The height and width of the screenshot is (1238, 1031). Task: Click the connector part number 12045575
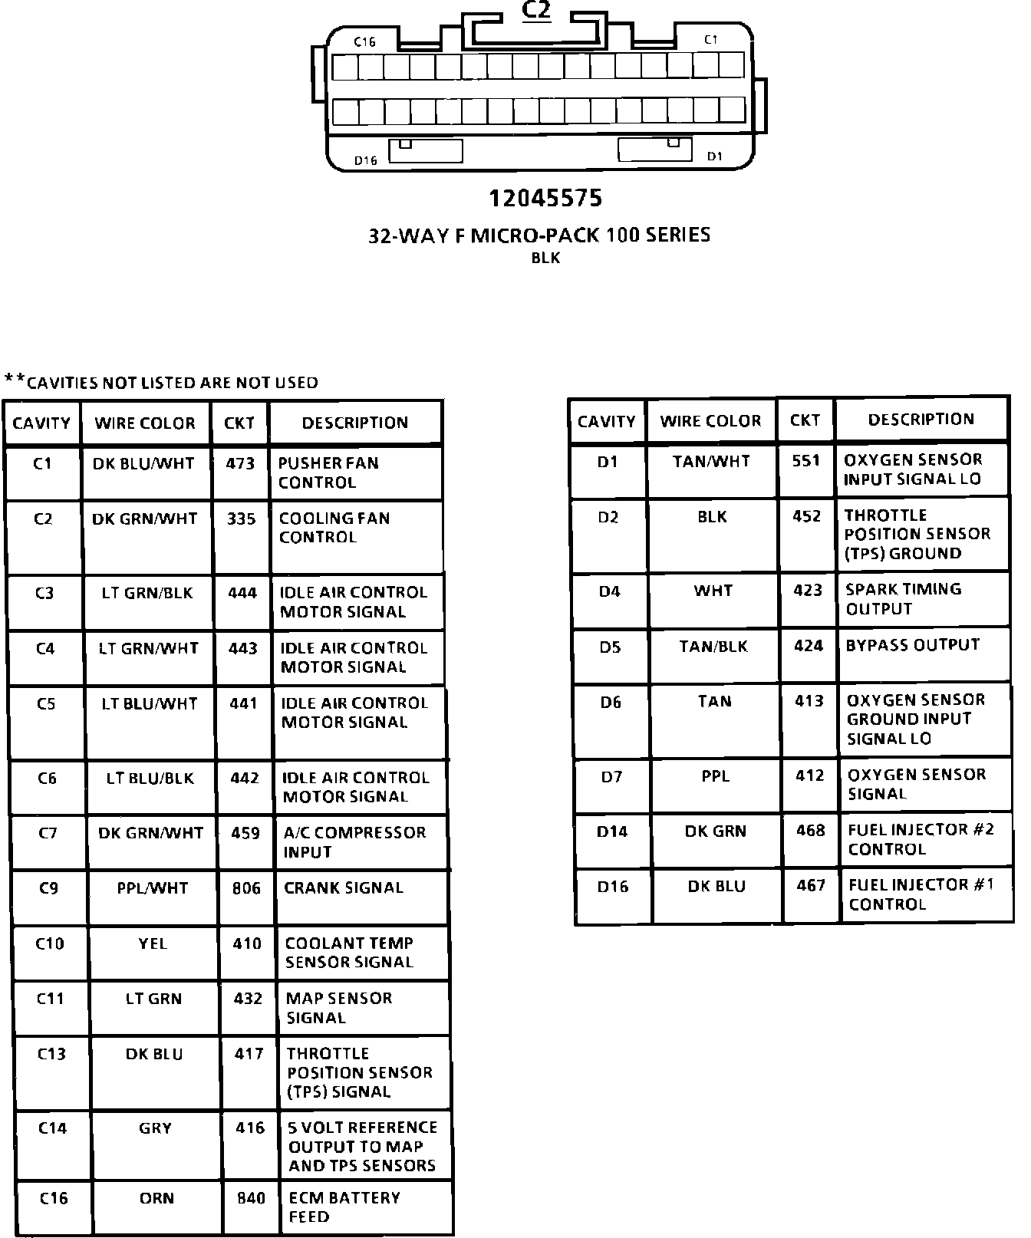coord(545,199)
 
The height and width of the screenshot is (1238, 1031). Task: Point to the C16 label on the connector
coord(364,42)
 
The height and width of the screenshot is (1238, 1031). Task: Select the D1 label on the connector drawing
coord(714,156)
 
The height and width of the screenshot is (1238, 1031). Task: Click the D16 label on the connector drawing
coord(366,160)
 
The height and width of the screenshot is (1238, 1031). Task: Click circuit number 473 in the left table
coord(240,463)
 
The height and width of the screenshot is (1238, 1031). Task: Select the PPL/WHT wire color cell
coord(153,888)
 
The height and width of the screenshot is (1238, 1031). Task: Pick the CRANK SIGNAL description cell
coord(344,888)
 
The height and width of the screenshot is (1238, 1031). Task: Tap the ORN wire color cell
coord(156,1198)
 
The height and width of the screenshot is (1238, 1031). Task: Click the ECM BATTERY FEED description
coord(344,1207)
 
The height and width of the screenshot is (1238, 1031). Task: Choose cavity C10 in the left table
coord(50,943)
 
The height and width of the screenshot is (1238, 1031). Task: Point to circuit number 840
coord(251,1198)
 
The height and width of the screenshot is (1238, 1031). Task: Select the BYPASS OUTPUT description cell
coord(913,645)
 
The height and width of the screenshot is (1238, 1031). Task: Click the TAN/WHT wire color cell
coord(711,461)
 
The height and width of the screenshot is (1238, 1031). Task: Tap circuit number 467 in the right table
coord(811,886)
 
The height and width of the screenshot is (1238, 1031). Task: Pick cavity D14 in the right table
coord(612,831)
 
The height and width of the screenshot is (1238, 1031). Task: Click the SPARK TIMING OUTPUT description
coord(903,599)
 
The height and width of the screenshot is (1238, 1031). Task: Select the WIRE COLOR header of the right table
coord(710,421)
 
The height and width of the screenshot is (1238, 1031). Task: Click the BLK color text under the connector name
coord(545,258)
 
